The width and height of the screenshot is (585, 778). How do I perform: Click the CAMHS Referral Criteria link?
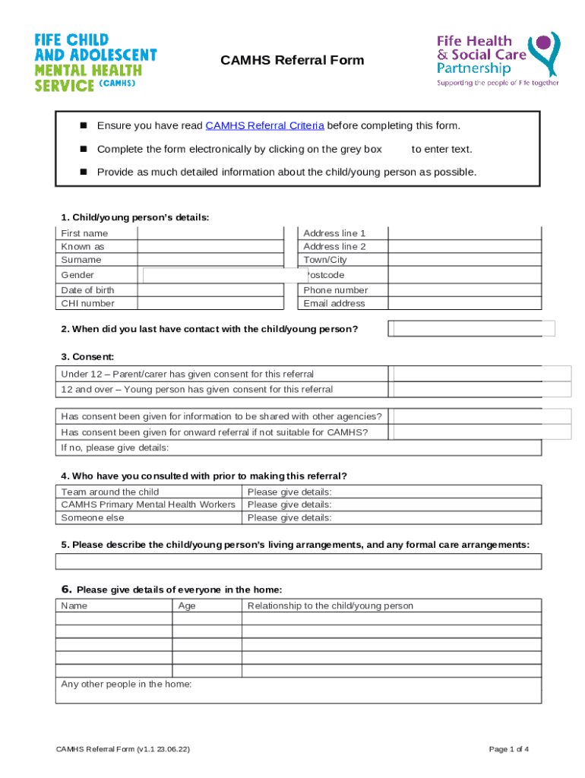coord(264,126)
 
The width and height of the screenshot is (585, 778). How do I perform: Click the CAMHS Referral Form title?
coord(292,61)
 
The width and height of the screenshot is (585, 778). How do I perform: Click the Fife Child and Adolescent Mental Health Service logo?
coord(96,62)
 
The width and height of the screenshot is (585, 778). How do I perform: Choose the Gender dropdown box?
coord(225,275)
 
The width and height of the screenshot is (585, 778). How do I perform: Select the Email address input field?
coord(464,303)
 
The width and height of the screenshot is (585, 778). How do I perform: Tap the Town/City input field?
coord(464,260)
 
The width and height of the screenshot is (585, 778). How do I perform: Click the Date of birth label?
coord(88,290)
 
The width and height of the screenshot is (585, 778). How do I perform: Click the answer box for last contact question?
coord(472,328)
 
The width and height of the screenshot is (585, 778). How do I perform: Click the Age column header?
coord(187,606)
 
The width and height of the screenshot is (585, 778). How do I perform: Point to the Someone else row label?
coord(93,517)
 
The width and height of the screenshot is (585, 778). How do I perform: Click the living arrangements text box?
coord(298,561)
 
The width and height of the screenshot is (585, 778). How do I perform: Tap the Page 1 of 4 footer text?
coord(509,749)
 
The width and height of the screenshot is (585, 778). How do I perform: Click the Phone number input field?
coord(464,290)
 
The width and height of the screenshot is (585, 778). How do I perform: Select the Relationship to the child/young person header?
coord(330,606)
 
